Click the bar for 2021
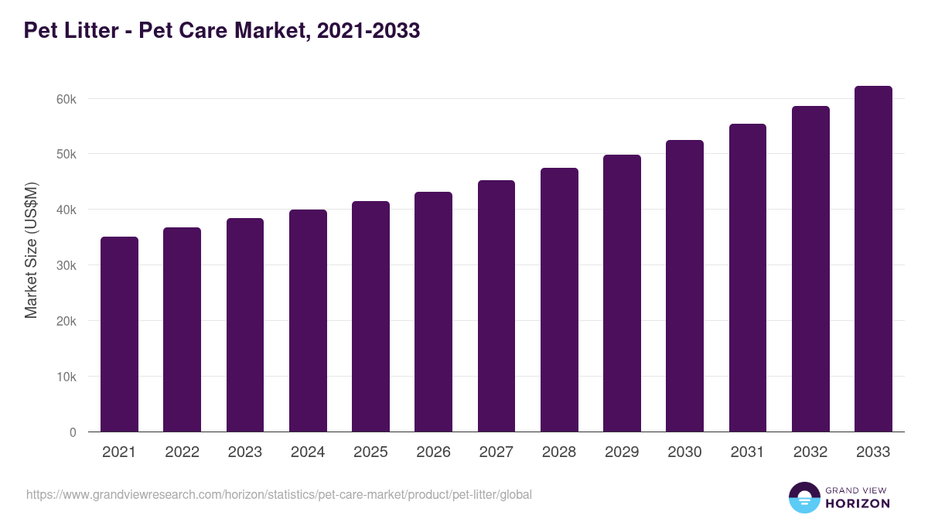coord(119,334)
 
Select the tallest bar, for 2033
coord(873,259)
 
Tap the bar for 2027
coord(496,306)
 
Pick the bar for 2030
coord(684,286)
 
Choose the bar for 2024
coord(308,321)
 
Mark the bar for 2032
coord(810,269)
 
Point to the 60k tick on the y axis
coord(65,99)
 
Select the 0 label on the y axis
coord(73,432)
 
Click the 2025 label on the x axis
coord(370,452)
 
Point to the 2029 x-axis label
coord(622,452)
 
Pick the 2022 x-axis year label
coord(182,452)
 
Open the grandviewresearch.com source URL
coord(279,494)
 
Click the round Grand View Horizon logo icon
coord(803,497)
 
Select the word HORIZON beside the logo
coord(858,503)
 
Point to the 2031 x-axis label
coord(747,452)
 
